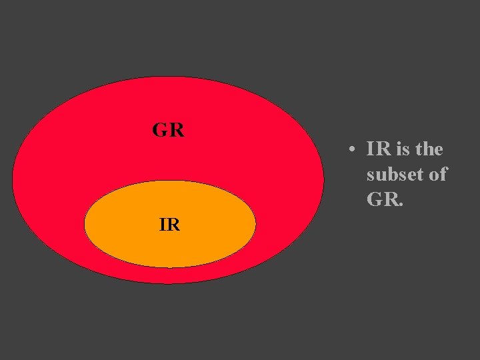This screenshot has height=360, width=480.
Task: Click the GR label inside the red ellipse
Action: click(168, 130)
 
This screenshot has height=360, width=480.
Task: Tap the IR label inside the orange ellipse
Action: click(169, 225)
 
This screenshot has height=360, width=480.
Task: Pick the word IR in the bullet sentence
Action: click(379, 149)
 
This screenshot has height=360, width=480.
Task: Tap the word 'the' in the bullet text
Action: click(429, 149)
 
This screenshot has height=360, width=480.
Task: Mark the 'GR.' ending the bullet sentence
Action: click(385, 199)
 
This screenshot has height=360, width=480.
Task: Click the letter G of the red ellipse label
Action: click(160, 130)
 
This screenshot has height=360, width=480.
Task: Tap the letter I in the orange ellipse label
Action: click(163, 225)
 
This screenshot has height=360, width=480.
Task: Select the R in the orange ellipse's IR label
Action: click(173, 225)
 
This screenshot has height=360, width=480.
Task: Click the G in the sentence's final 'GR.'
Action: click(374, 199)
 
